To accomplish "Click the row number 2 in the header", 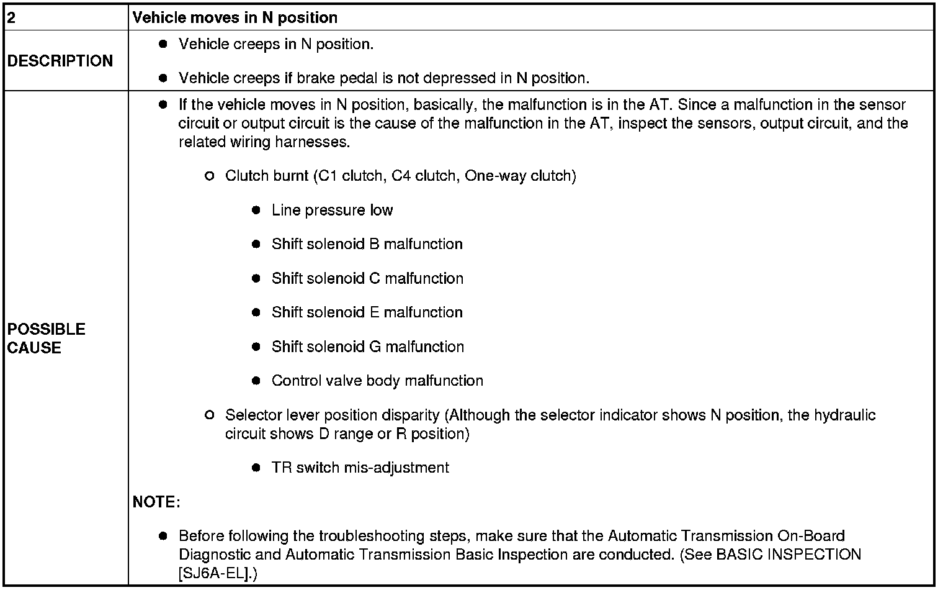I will (x=11, y=17).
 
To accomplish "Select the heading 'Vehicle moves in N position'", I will (x=235, y=17).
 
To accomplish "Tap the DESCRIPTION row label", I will (x=60, y=61).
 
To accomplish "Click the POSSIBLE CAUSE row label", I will (x=47, y=338).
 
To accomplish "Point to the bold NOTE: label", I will (x=156, y=502).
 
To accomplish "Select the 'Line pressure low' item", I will (x=332, y=210).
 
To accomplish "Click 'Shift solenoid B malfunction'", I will (x=367, y=244).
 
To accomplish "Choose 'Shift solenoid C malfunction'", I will (x=367, y=278).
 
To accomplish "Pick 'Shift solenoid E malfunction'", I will (x=367, y=312).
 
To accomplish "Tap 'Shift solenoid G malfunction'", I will (x=367, y=347).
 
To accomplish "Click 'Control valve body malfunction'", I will (x=377, y=381).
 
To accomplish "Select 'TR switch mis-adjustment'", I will (x=360, y=468).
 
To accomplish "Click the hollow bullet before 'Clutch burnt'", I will (x=209, y=176).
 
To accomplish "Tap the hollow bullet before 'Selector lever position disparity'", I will (x=209, y=415).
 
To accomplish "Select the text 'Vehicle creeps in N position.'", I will (x=276, y=44).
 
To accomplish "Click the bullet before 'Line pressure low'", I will (x=256, y=211).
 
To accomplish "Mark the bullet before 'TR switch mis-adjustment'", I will (x=256, y=468).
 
